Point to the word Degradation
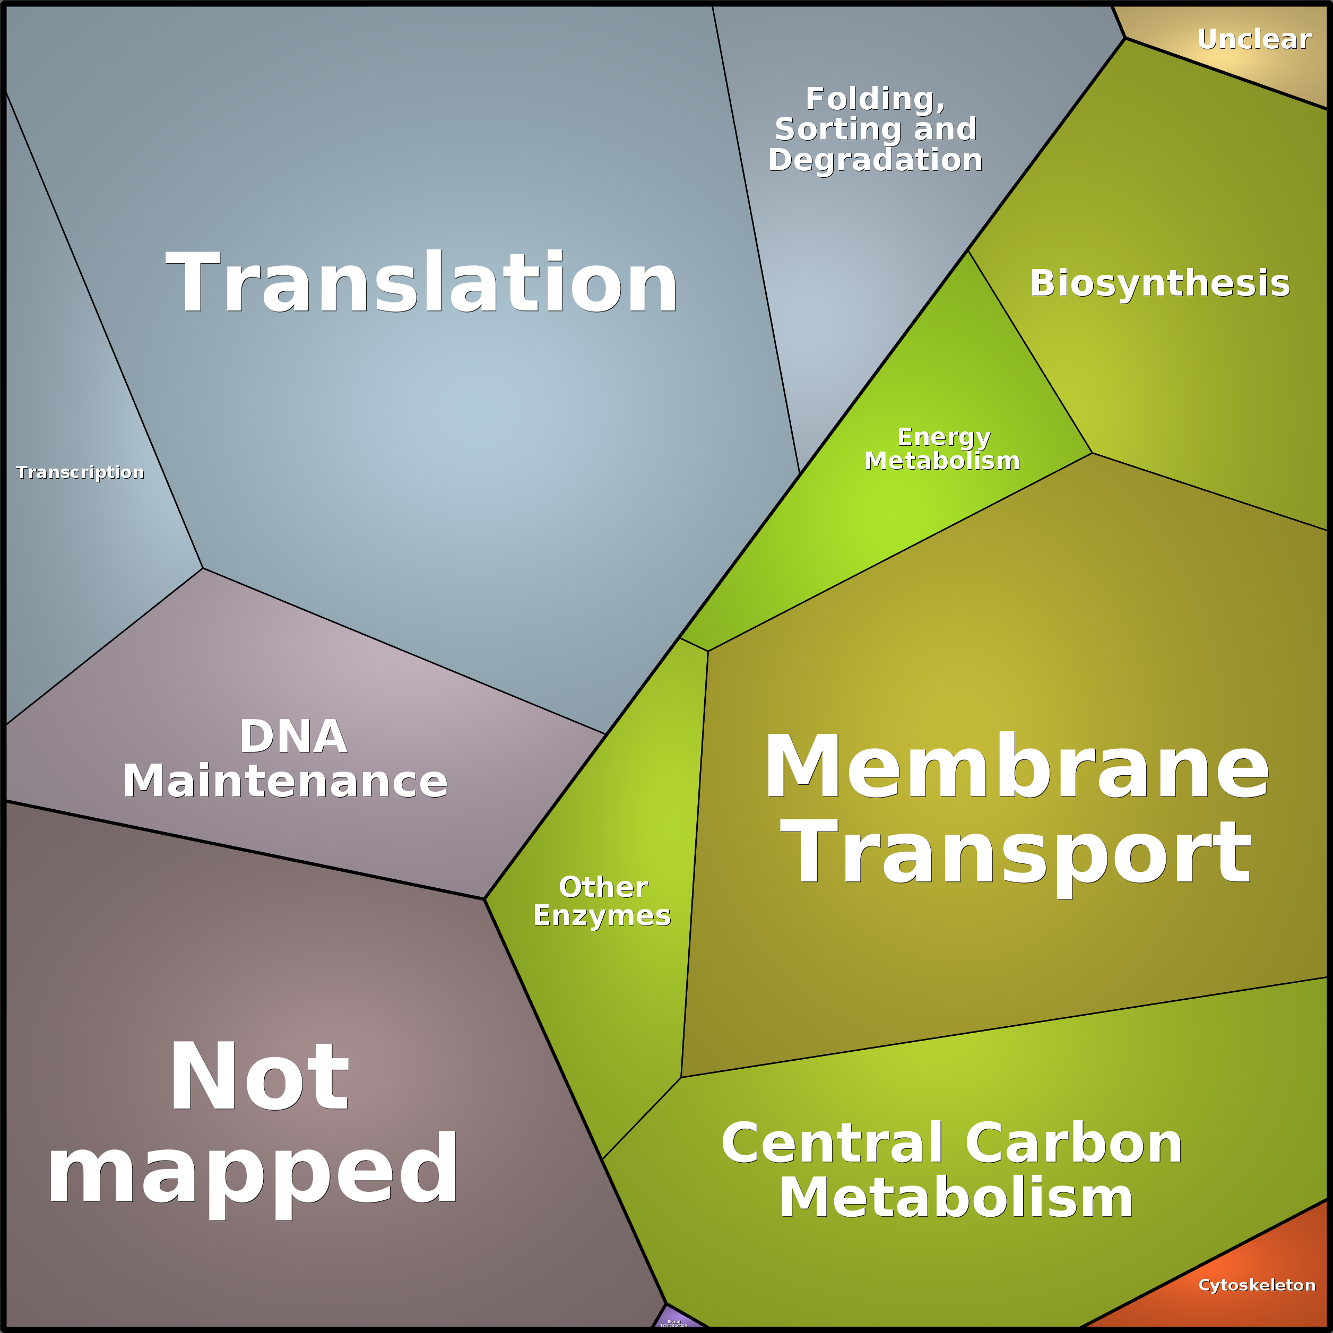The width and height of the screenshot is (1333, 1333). (x=875, y=160)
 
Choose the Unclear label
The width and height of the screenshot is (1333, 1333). (x=1253, y=39)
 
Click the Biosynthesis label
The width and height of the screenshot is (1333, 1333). (x=1159, y=283)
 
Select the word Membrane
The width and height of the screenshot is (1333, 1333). (x=1016, y=767)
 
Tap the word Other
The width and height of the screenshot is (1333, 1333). (x=603, y=887)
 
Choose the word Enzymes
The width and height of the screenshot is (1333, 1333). (x=602, y=915)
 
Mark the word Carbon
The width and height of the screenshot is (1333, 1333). (x=1073, y=1143)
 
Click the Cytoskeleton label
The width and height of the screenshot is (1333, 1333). (x=1257, y=1285)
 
